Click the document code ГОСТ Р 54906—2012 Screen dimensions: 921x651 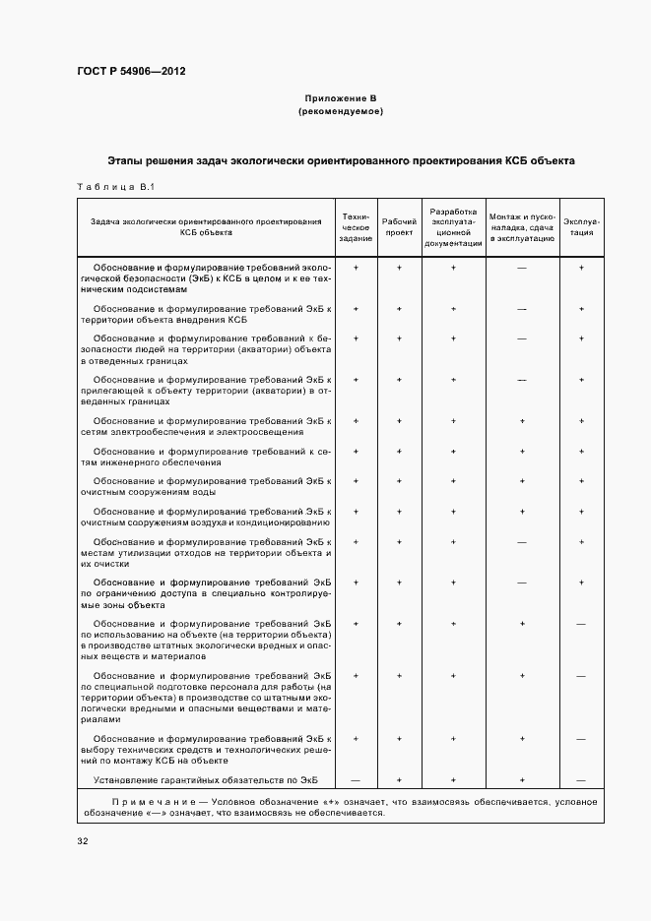pos(131,72)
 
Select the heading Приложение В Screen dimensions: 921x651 pos(340,99)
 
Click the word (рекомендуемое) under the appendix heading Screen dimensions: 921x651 pos(340,112)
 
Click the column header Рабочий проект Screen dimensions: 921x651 pos(399,227)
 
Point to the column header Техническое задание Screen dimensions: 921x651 pos(356,227)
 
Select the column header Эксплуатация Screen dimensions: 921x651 pos(581,227)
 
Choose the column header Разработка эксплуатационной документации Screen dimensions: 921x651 pos(453,227)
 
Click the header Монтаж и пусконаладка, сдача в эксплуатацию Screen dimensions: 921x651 pos(522,227)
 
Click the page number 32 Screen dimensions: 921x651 pos(83,841)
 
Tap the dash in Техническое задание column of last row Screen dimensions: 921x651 pos(356,780)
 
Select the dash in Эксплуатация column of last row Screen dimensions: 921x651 pos(581,780)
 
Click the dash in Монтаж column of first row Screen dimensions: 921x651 pos(522,268)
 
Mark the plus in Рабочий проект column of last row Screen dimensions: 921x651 pos(399,780)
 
